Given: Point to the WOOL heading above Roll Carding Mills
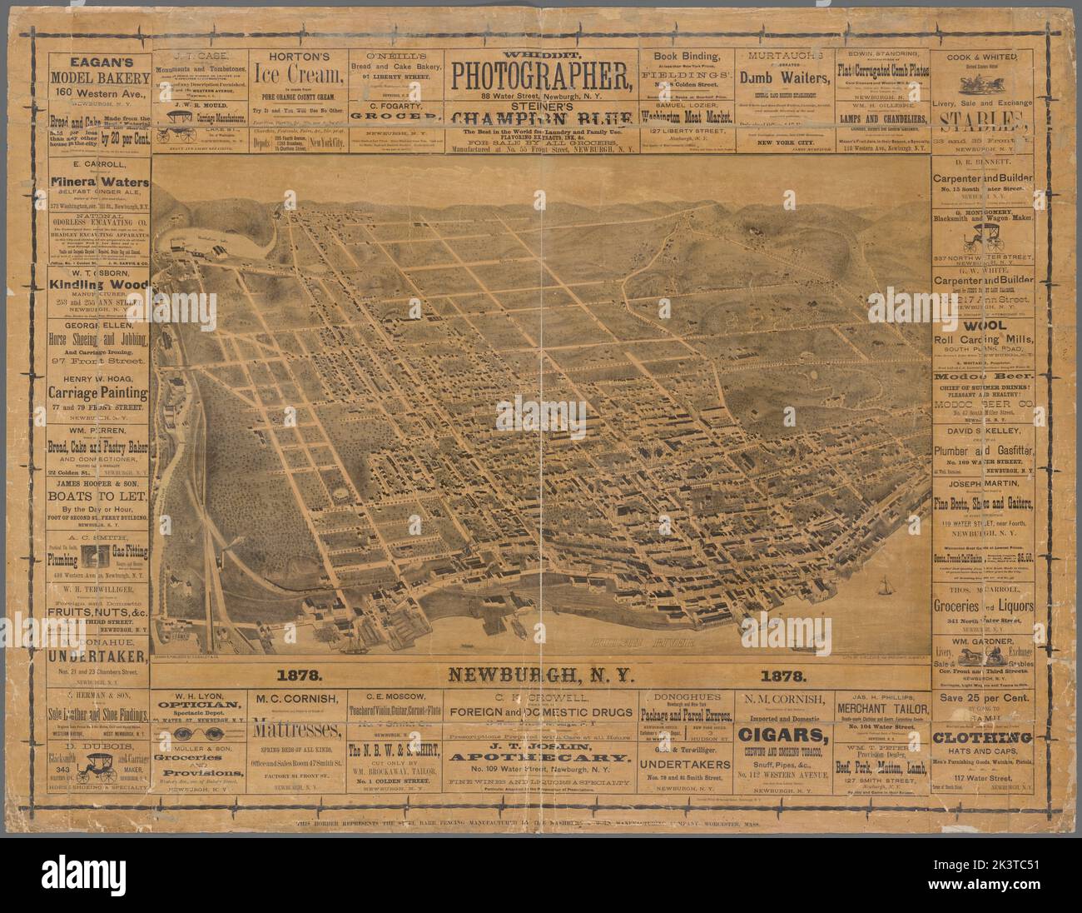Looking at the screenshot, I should pos(985,325).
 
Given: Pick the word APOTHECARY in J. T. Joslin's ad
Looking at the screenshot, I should pos(541,760).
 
